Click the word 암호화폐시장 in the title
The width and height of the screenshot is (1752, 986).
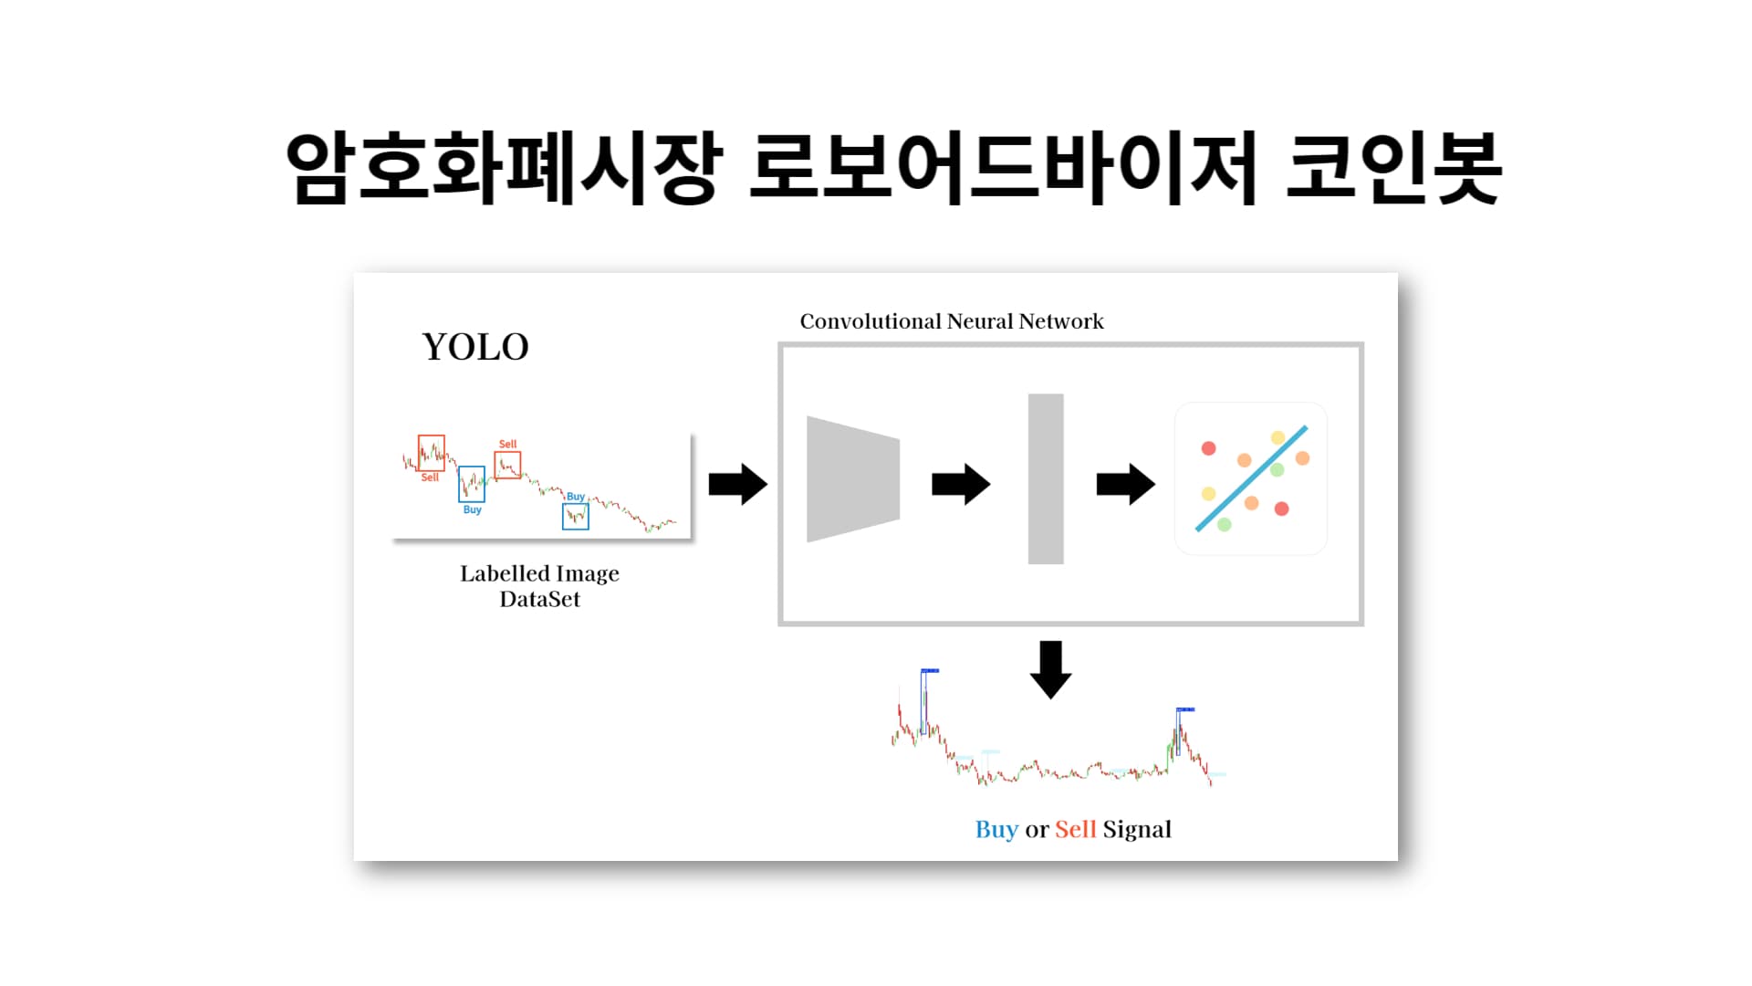pyautogui.click(x=504, y=168)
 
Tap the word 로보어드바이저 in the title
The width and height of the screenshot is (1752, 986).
pyautogui.click(x=1003, y=168)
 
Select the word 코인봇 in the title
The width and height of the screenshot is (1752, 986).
pyautogui.click(x=1393, y=168)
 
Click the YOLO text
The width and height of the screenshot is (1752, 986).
pyautogui.click(x=475, y=347)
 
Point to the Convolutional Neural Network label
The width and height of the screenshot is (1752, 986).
pyautogui.click(x=952, y=321)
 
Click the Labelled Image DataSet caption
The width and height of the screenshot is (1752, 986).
pyautogui.click(x=539, y=586)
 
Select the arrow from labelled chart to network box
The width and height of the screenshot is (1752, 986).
pyautogui.click(x=737, y=484)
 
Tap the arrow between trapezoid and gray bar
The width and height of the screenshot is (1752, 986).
pyautogui.click(x=960, y=484)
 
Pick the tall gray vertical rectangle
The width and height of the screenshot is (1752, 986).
pyautogui.click(x=1046, y=479)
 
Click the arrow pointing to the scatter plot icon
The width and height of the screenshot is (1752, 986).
pyautogui.click(x=1125, y=484)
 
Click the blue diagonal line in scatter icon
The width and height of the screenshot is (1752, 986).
pyautogui.click(x=1251, y=478)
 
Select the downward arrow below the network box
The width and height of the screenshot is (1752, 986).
pyautogui.click(x=1050, y=669)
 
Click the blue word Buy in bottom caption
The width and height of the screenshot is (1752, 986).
pyautogui.click(x=996, y=829)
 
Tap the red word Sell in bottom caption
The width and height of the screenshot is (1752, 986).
pyautogui.click(x=1075, y=829)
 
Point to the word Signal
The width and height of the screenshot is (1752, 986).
pyautogui.click(x=1137, y=829)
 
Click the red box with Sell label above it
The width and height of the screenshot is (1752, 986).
pyautogui.click(x=507, y=465)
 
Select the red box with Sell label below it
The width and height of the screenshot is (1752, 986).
pyautogui.click(x=432, y=453)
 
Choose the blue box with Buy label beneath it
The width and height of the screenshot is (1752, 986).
pyautogui.click(x=472, y=484)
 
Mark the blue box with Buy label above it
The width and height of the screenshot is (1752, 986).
pyautogui.click(x=576, y=517)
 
